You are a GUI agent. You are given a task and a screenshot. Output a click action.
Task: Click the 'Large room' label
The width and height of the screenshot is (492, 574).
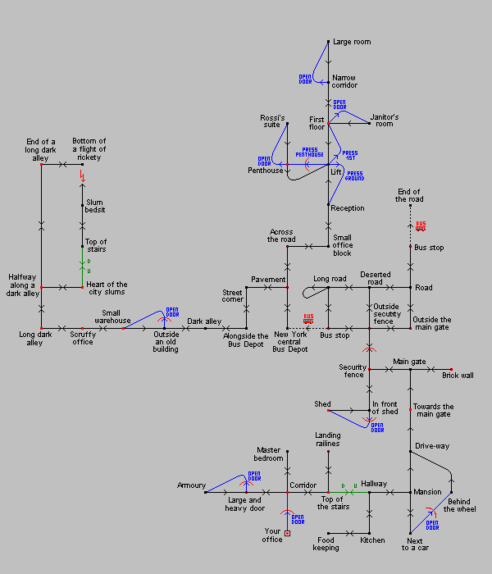click(351, 42)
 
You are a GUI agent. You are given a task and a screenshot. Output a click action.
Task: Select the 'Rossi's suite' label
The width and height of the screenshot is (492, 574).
click(272, 121)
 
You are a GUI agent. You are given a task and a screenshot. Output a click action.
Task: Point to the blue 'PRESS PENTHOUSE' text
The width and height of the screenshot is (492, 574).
click(309, 152)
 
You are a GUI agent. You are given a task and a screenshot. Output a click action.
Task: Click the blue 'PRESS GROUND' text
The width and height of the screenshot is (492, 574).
click(354, 175)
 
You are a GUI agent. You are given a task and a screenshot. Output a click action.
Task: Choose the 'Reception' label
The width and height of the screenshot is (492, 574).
click(348, 208)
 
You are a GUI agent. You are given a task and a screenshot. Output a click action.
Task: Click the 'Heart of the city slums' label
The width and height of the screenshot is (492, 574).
click(107, 289)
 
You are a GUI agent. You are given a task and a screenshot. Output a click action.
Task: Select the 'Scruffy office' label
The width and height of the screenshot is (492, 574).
click(82, 338)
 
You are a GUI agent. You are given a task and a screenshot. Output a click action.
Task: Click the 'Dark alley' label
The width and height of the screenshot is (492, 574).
click(204, 321)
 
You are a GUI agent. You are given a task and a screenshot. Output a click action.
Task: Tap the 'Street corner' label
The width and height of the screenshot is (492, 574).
click(233, 296)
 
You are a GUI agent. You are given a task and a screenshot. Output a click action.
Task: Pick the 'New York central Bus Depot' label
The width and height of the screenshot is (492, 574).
click(290, 342)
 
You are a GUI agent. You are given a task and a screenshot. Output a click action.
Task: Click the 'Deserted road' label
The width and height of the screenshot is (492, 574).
click(375, 279)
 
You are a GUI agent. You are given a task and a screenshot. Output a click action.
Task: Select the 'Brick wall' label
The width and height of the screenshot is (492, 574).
click(458, 375)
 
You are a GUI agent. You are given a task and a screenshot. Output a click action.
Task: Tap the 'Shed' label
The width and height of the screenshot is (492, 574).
click(322, 404)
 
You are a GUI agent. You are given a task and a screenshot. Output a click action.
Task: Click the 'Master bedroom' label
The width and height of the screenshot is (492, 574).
click(269, 454)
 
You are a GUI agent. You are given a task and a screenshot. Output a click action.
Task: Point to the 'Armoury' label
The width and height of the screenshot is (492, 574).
click(191, 485)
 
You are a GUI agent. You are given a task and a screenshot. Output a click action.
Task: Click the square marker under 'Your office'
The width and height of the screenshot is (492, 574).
click(287, 533)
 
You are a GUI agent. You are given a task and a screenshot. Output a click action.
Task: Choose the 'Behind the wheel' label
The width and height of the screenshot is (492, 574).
click(459, 504)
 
